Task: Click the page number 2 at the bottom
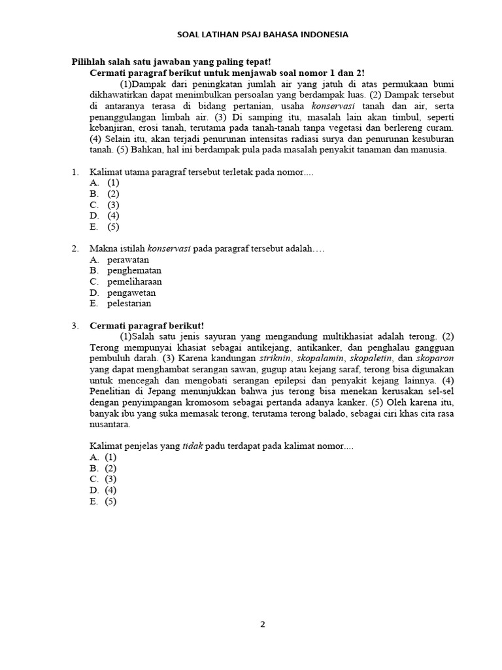(263, 624)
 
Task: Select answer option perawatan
(128, 260)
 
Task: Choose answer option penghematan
(134, 270)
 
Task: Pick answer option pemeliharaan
(134, 281)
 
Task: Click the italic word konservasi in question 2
(169, 249)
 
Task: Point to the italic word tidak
(193, 446)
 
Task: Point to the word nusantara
(110, 425)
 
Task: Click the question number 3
(75, 325)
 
